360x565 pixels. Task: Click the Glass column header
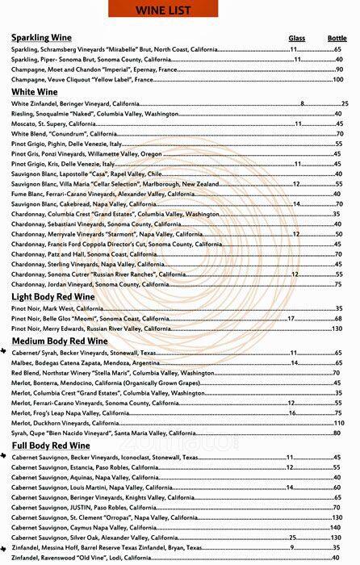point(297,39)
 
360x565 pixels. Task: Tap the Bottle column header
point(337,39)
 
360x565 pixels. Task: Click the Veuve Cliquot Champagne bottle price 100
point(337,79)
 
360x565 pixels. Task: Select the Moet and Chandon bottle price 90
point(339,69)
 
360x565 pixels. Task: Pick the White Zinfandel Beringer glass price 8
point(302,104)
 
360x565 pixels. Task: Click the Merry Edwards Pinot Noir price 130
point(337,329)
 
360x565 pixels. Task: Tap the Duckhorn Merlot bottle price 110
point(337,423)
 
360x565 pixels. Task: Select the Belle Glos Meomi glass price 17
point(292,319)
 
